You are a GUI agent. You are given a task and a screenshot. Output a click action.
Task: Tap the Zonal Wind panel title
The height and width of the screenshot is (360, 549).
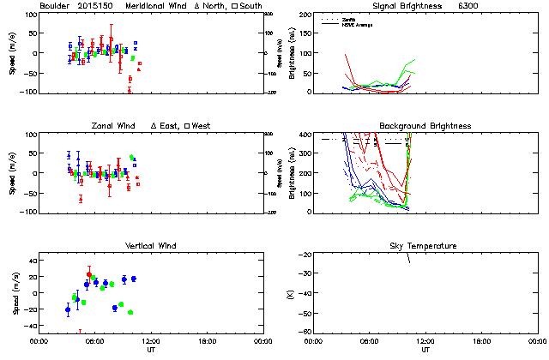click(x=119, y=126)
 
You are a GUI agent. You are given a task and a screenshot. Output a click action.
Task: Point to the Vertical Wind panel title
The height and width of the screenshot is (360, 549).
click(x=148, y=246)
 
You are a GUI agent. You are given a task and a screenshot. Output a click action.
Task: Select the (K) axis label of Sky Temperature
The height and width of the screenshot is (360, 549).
click(x=286, y=294)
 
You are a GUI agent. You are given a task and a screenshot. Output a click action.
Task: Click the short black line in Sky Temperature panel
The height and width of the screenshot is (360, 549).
click(x=409, y=260)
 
